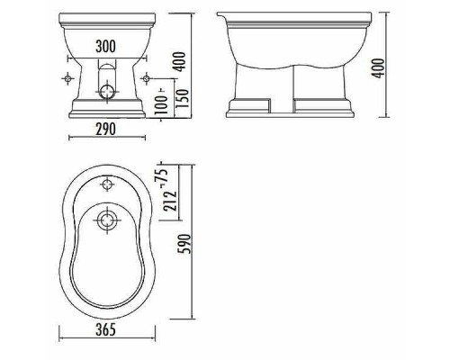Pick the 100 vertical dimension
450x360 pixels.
coord(161,98)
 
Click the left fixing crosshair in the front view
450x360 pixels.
coord(65,78)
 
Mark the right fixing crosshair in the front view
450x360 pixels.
coord(147,78)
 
